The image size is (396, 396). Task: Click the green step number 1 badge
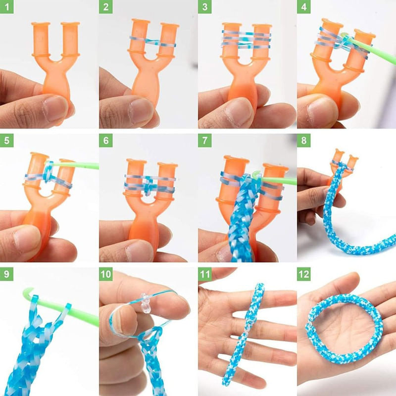[6, 7]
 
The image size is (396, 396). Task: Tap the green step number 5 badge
[6, 141]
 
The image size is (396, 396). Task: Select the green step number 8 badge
[303, 141]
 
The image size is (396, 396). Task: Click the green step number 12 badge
[305, 274]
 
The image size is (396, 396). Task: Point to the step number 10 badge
[107, 274]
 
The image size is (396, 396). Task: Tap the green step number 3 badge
[204, 7]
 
